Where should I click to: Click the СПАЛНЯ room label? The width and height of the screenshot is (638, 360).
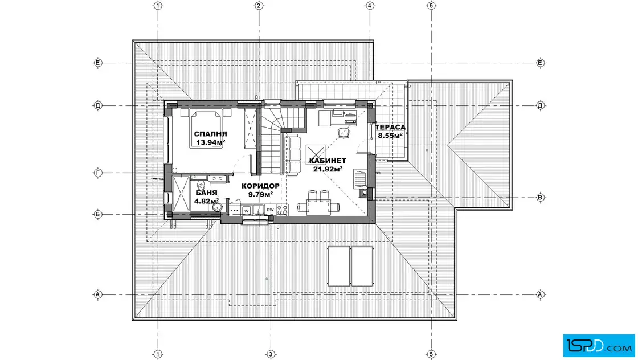click(x=210, y=134)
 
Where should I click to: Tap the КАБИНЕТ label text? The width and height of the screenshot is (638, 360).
click(x=328, y=161)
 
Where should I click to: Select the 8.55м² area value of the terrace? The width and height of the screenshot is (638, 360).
click(x=390, y=136)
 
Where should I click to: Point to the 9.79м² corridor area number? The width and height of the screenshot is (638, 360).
click(x=260, y=194)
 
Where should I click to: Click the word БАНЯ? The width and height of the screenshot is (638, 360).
click(x=206, y=193)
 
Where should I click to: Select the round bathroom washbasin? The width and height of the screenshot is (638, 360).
click(x=217, y=208)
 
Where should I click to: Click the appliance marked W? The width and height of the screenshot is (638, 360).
click(x=246, y=210)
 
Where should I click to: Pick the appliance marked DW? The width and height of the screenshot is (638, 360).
click(x=270, y=210)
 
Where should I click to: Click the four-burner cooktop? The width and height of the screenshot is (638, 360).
click(x=283, y=210)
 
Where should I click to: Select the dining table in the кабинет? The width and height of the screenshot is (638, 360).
click(x=318, y=207)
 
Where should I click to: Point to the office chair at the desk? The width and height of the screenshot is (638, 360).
click(x=343, y=132)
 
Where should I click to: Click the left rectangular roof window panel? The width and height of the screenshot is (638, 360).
click(x=338, y=266)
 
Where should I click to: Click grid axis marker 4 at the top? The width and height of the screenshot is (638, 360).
click(x=370, y=6)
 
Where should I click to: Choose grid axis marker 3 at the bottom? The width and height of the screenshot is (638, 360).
click(x=270, y=354)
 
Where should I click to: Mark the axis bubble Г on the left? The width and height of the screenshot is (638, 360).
click(x=97, y=173)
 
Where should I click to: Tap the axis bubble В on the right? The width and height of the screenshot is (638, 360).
click(x=541, y=198)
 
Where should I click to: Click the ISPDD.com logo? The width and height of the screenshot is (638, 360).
click(x=599, y=346)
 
